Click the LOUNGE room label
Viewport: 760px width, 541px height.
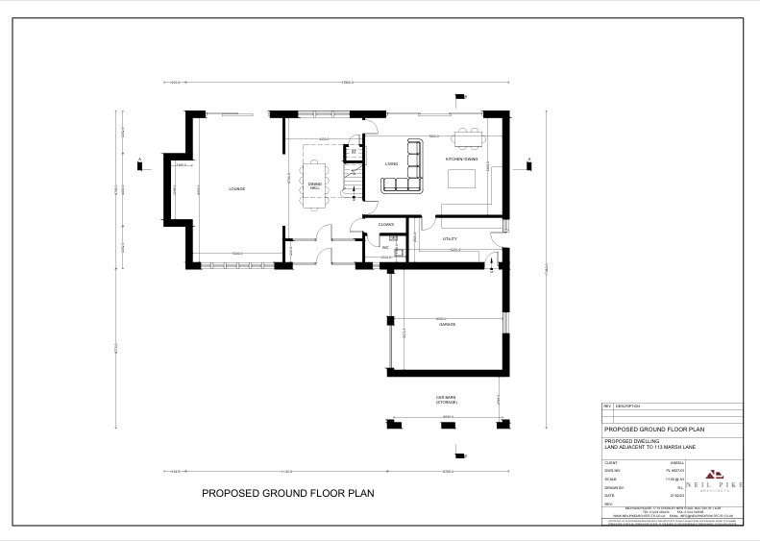236,189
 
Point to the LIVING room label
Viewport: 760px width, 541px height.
391,164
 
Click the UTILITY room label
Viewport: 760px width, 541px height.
449,238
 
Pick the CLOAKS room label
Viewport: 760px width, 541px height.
386,225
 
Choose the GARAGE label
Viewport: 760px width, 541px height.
446,325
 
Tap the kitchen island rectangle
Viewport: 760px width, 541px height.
463,178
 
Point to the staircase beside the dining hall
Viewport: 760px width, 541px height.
353,179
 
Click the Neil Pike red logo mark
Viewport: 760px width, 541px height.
712,472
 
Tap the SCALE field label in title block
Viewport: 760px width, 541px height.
608,479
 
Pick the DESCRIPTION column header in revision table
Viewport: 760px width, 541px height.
627,406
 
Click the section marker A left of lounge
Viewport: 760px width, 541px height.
140,162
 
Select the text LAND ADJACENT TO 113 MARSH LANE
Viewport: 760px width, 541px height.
650,447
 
